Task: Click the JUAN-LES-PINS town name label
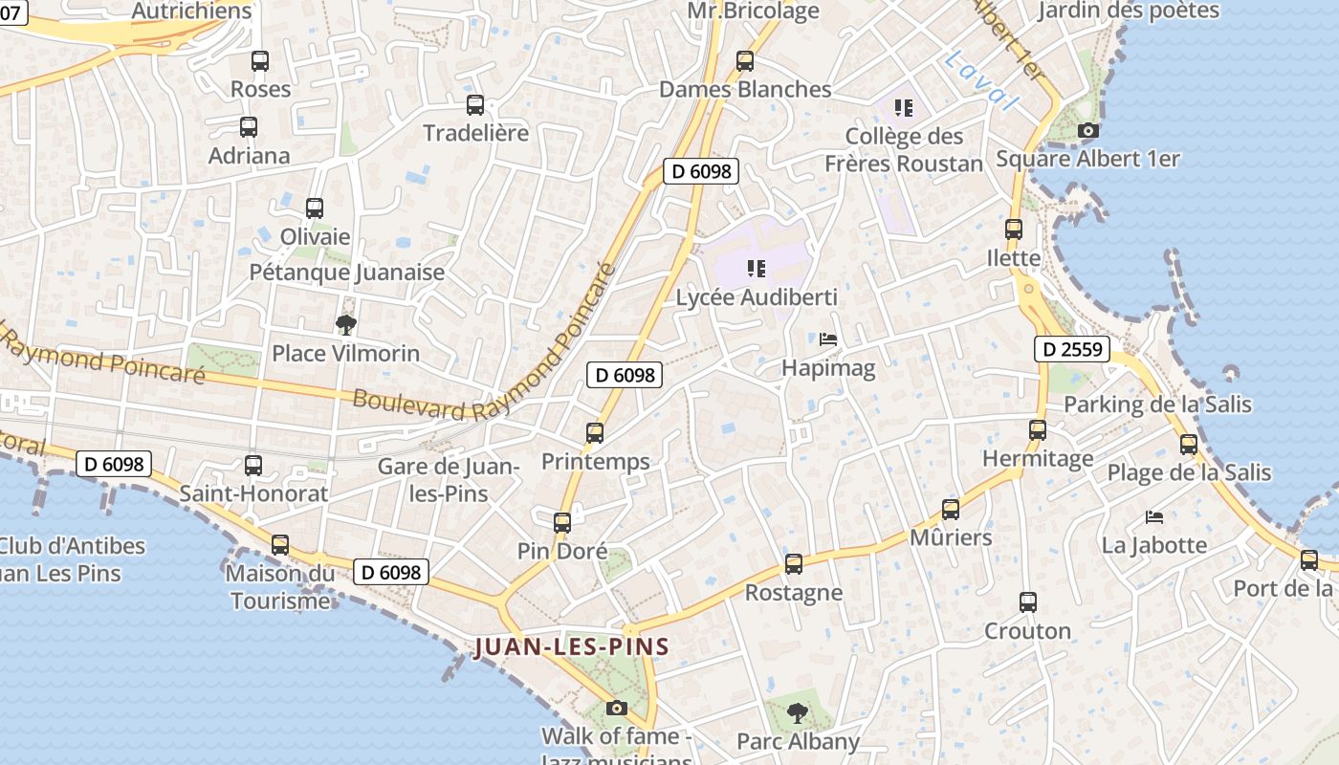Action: click(x=572, y=647)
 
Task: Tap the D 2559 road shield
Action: click(x=1071, y=349)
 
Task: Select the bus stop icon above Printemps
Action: click(x=595, y=433)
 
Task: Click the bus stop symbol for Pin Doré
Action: click(x=562, y=523)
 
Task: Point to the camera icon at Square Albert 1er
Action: click(x=1087, y=131)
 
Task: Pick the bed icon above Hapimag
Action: click(x=828, y=339)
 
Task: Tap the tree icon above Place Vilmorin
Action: click(x=346, y=325)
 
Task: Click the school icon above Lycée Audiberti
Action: click(x=757, y=269)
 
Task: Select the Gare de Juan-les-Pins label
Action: click(x=448, y=480)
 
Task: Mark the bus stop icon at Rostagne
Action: click(x=794, y=564)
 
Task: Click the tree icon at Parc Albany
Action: click(x=797, y=712)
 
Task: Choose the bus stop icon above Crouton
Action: click(x=1028, y=602)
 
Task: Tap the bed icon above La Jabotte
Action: click(x=1154, y=517)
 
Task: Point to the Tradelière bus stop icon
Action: click(x=475, y=105)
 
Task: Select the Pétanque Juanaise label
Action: click(x=347, y=273)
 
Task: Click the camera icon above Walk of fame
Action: click(x=617, y=709)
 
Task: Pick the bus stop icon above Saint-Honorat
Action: click(x=253, y=466)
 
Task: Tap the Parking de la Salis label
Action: click(x=1157, y=404)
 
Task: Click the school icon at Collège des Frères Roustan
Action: click(x=904, y=107)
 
